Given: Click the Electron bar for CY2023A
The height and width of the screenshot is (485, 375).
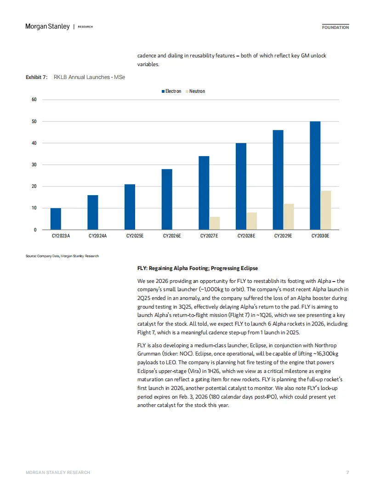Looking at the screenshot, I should coord(56,219).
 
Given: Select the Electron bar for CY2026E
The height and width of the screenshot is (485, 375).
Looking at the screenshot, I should coord(167,199).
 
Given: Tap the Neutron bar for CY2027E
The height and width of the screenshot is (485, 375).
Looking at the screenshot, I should coord(215,223).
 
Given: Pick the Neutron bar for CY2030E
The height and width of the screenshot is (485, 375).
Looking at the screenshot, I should coord(325,210).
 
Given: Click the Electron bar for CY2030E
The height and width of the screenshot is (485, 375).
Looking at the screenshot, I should coord(315,175).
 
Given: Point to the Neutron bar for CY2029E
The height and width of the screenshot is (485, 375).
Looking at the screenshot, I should coord(289,217).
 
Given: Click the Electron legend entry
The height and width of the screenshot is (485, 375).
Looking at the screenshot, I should coord(171,91).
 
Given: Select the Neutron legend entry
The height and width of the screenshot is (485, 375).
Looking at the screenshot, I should coord(195,91).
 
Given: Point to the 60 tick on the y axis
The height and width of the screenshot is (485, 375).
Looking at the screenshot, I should coord(34,100).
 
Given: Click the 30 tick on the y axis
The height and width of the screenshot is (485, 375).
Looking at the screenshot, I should coord(34,165).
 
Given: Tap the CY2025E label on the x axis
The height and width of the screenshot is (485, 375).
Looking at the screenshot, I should coord(135,236).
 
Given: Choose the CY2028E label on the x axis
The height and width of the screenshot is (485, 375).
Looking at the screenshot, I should coord(246,236).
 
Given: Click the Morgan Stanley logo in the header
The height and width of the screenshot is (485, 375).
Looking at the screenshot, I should coord(47,27).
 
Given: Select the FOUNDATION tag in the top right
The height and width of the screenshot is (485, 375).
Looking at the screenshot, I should coord(335,28).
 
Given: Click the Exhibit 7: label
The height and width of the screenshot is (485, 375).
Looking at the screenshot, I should coord(36,77).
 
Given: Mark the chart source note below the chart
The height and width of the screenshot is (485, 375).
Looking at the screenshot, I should coord(62,256).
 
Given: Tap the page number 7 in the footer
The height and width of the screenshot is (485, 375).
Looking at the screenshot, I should coord(347,472).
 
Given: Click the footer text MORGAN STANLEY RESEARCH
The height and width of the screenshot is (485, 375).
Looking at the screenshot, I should coord(58,472).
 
